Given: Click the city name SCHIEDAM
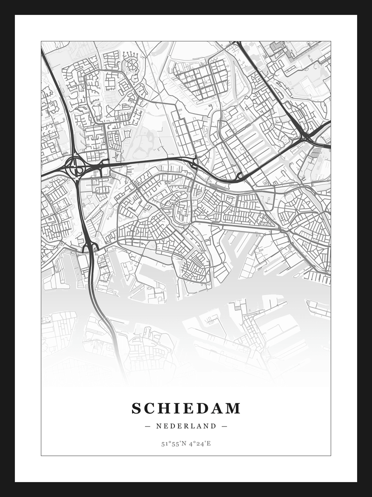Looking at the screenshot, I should [x=186, y=408].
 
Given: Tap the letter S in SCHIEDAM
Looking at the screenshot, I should [x=136, y=408].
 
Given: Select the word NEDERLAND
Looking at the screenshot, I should [x=186, y=426].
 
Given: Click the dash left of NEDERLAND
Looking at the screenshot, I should [x=148, y=426].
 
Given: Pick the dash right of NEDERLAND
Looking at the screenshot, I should [x=224, y=426].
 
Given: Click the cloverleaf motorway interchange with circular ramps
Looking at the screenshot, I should [x=75, y=166].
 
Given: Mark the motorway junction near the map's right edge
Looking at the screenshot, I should [x=305, y=136].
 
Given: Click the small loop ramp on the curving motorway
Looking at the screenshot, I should [x=240, y=176].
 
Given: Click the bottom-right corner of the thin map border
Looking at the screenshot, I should [x=331, y=456].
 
